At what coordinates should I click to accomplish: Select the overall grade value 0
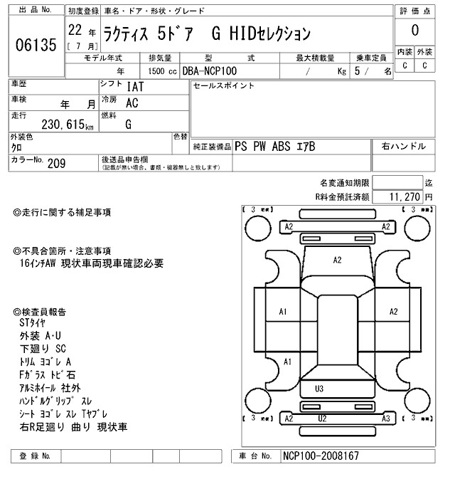click(x=414, y=31)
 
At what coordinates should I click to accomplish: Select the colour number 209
click(x=56, y=163)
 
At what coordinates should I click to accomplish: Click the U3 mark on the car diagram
click(x=318, y=389)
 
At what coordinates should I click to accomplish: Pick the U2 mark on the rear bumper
click(x=322, y=419)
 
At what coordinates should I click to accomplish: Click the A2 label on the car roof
click(x=338, y=261)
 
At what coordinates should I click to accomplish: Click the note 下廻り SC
click(x=43, y=348)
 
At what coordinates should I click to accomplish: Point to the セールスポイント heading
click(x=224, y=86)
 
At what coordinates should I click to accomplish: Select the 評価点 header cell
click(x=414, y=11)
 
